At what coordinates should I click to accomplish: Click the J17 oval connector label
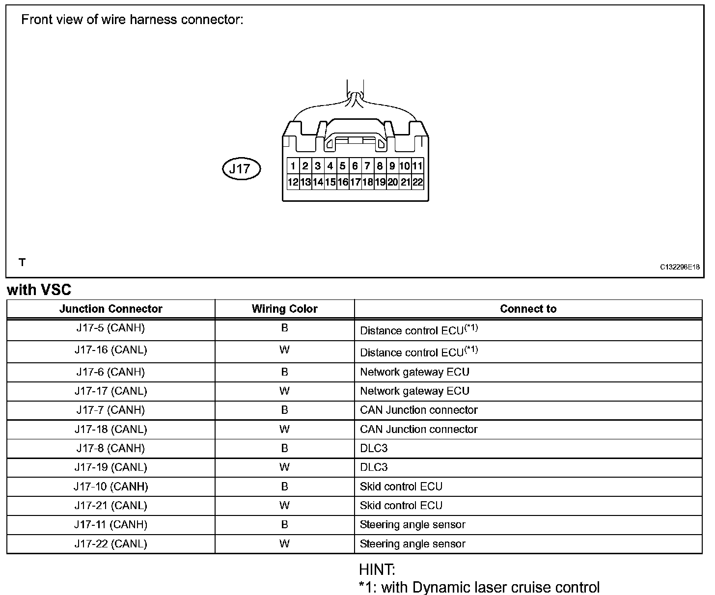point(241,169)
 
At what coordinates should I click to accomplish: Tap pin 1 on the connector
point(293,166)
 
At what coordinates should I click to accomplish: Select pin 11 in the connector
point(417,166)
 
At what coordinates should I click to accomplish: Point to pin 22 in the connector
point(417,182)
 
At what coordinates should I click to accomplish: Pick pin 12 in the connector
point(293,182)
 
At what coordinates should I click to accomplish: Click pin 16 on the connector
point(343,182)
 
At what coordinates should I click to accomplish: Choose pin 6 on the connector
point(355,166)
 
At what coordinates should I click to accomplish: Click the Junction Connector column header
point(110,309)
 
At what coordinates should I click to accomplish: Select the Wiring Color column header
point(284,309)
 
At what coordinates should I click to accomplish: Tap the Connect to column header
point(528,309)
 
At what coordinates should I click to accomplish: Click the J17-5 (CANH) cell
point(110,328)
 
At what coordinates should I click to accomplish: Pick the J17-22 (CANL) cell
point(110,543)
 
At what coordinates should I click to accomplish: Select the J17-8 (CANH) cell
point(110,448)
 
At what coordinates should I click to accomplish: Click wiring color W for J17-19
point(284,467)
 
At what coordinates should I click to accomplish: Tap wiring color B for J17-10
point(284,487)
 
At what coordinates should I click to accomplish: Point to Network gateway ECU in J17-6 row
point(414,372)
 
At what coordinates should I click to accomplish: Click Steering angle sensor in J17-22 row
point(412,543)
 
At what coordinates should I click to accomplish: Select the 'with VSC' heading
point(39,290)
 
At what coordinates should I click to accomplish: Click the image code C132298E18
point(680,267)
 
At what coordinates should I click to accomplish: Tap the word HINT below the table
point(377,570)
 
